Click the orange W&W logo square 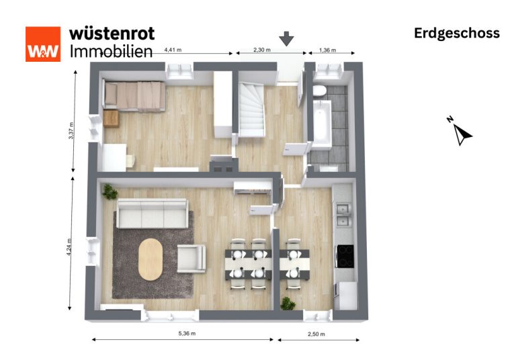pyautogui.click(x=43, y=44)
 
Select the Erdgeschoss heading pyautogui.click(x=457, y=34)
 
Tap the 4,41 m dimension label pyautogui.click(x=173, y=50)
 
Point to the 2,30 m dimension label pyautogui.click(x=262, y=50)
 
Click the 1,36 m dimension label pyautogui.click(x=327, y=50)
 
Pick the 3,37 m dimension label pyautogui.click(x=71, y=131)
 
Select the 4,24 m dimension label pyautogui.click(x=69, y=247)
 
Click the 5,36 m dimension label pyautogui.click(x=187, y=333)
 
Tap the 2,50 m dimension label pyautogui.click(x=316, y=334)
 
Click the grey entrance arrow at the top pyautogui.click(x=287, y=38)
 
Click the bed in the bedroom pyautogui.click(x=134, y=95)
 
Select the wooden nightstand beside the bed pyautogui.click(x=111, y=118)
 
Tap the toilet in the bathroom pyautogui.click(x=319, y=91)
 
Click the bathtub pyautogui.click(x=322, y=124)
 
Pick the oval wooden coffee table pyautogui.click(x=150, y=259)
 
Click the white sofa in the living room pyautogui.click(x=153, y=213)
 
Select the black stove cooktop pyautogui.click(x=345, y=256)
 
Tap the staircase pyautogui.click(x=252, y=109)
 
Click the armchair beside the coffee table pyautogui.click(x=191, y=259)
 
